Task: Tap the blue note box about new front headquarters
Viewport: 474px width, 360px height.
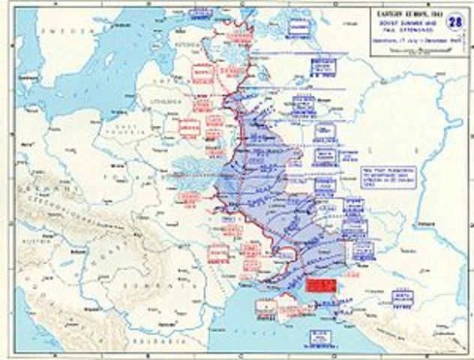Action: [x=385, y=178]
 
